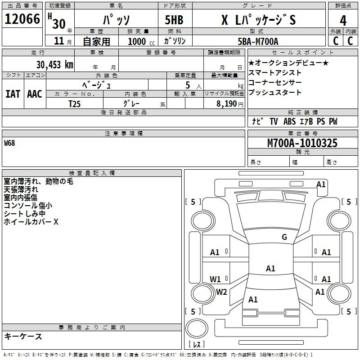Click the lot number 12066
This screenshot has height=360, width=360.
pos(22,19)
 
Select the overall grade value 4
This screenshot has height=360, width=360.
pos(343,21)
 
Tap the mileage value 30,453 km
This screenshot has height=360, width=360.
pos(54,64)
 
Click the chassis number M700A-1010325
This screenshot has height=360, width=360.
pos(302,143)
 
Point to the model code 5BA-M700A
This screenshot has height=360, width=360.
pos(258,41)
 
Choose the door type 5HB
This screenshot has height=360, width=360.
pos(174,20)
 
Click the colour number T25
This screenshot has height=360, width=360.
pos(75,104)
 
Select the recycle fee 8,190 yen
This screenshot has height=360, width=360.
pos(230,104)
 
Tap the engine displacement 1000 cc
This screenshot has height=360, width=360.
pos(141,41)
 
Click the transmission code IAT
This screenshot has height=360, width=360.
pos(13,94)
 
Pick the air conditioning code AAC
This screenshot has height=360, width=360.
pos(35,94)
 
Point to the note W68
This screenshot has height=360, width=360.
pos(9,143)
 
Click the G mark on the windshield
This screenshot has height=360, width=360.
pos(284,237)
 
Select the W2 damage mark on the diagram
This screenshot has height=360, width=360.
pos(221,292)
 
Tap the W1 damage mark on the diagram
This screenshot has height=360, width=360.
pos(215,279)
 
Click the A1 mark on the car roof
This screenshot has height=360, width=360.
pos(270,268)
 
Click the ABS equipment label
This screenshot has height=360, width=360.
pos(289,121)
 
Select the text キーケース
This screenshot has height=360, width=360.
pos(23,336)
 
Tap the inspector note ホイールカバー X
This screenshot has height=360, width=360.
pos(31,221)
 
